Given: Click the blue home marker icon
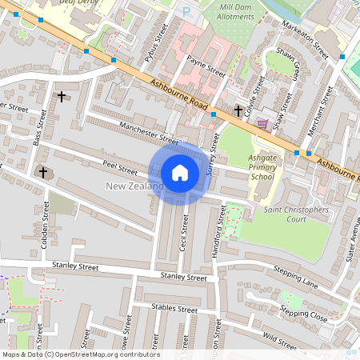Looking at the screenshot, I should (180, 172).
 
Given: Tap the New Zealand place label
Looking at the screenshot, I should (134, 186).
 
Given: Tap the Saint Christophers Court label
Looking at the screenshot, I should (296, 214).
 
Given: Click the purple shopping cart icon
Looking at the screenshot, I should (262, 123).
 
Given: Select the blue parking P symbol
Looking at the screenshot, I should (186, 12).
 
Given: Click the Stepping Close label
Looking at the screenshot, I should (304, 313).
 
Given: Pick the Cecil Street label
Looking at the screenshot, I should (184, 232).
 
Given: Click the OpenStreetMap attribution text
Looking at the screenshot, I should (80, 354).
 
